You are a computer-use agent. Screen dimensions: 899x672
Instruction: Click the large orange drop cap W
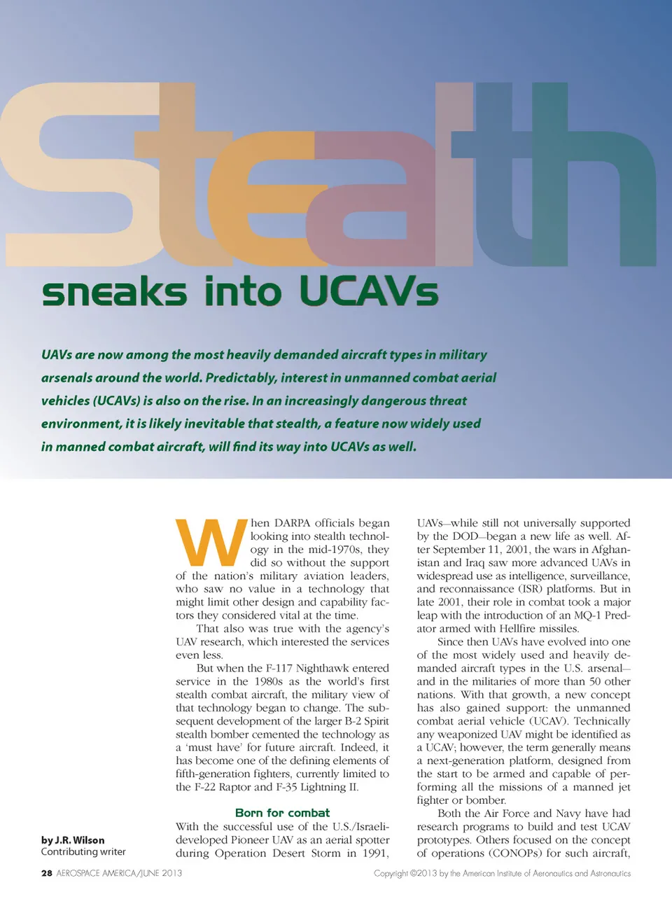click(211, 542)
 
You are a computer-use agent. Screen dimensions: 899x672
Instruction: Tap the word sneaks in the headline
click(114, 292)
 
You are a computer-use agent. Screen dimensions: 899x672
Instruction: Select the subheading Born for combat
click(282, 813)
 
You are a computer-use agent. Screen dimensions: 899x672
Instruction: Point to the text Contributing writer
click(83, 852)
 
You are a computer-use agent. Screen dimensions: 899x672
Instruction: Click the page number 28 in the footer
click(47, 873)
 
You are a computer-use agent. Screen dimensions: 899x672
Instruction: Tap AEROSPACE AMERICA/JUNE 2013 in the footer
click(119, 873)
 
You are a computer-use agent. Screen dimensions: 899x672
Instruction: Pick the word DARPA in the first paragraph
click(293, 523)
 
